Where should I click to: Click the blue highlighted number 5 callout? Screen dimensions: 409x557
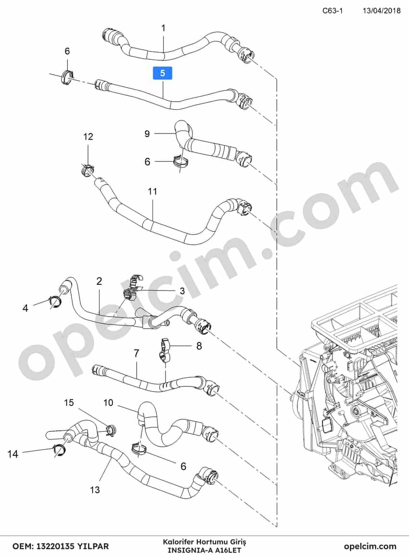coord(163,73)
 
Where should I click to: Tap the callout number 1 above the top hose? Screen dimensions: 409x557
coord(163,28)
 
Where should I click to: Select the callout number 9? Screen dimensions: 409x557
coord(147,133)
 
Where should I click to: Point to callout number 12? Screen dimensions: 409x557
coord(88,136)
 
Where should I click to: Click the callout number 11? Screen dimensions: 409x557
coord(152,191)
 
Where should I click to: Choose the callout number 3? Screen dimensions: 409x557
coord(182,292)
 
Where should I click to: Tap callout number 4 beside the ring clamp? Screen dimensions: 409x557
coord(25,308)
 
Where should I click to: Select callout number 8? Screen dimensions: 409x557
coord(199,345)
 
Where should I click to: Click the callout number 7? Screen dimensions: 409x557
coord(137,354)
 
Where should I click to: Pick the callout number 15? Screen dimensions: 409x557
coord(69,402)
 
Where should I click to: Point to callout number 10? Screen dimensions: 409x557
coord(108,402)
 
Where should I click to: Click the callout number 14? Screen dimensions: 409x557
coord(13,454)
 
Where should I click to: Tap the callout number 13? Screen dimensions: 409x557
coord(95,490)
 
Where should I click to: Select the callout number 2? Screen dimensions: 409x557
coord(99,281)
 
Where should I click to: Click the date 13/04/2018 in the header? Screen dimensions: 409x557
coord(381,10)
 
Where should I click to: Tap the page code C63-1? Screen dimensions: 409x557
coord(332,10)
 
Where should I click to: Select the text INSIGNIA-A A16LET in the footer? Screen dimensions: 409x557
coord(204,550)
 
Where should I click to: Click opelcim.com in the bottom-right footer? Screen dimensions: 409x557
coord(370,546)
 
